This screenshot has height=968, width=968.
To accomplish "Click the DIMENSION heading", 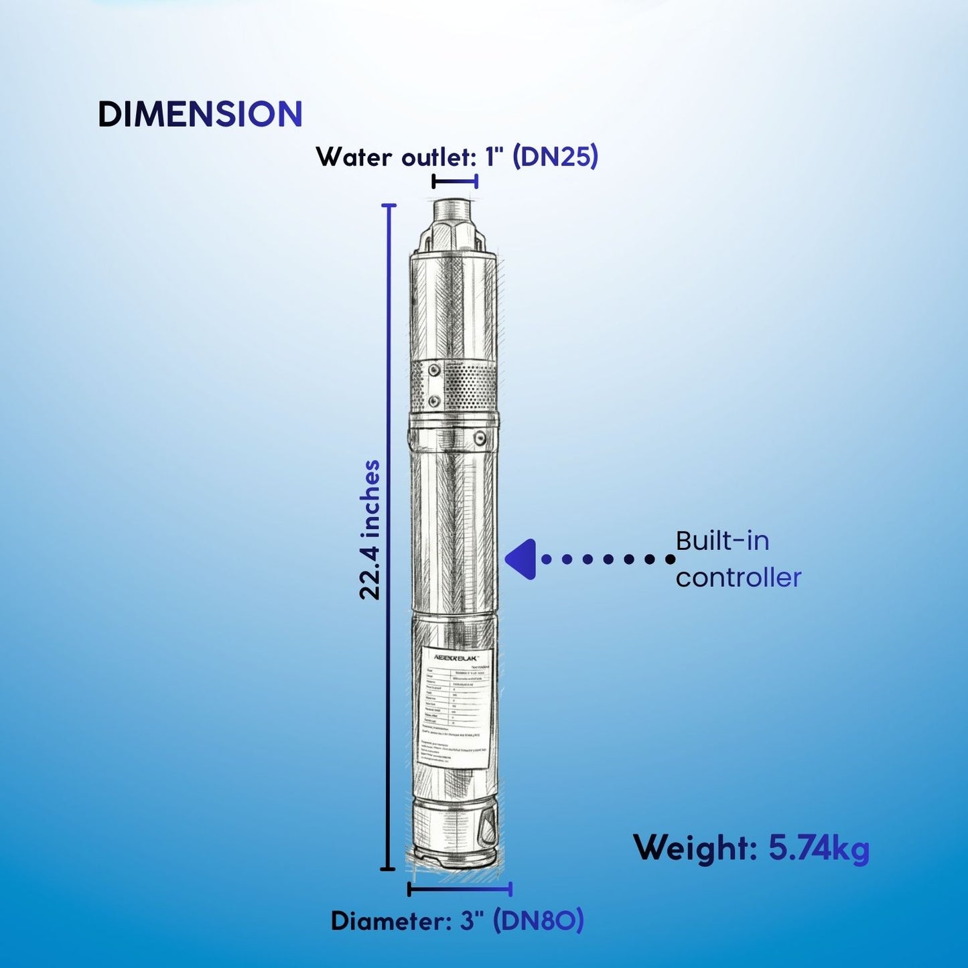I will (x=200, y=115).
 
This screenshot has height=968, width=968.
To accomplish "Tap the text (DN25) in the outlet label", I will (x=555, y=157).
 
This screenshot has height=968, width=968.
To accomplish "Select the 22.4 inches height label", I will (x=370, y=529).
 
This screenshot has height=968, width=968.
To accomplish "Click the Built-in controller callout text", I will (x=737, y=559).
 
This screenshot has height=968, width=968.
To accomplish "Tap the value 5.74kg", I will (x=819, y=849).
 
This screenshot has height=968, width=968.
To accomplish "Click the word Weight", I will (x=695, y=849).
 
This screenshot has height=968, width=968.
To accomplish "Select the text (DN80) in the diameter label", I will (x=539, y=921).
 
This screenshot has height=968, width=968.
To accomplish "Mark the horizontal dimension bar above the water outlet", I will (x=455, y=181).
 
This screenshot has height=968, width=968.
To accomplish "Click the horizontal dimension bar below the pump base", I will (x=460, y=889).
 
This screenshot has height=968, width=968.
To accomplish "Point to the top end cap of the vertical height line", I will (x=389, y=205).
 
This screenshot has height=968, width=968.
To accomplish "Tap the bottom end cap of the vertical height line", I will (x=387, y=869).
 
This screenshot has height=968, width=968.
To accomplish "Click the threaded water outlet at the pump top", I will (x=454, y=212).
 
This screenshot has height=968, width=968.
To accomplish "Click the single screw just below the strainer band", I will (x=479, y=438).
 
